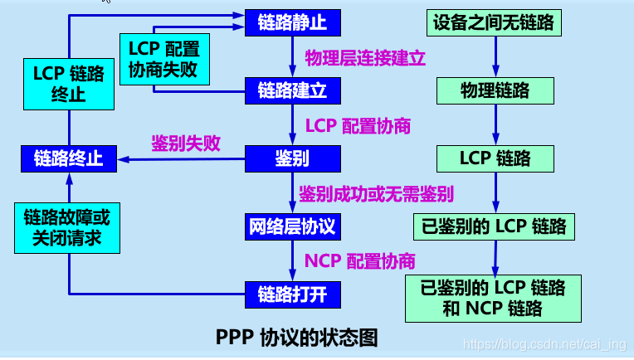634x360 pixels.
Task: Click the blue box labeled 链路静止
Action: point(292,22)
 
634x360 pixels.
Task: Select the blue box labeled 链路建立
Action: point(292,90)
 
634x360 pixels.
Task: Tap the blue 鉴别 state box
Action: point(292,158)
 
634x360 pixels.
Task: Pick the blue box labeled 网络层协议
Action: point(292,226)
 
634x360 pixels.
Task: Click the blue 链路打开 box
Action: point(292,293)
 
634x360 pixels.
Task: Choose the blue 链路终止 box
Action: point(69,158)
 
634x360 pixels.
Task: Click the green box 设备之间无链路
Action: point(496,22)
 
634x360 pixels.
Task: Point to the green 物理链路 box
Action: point(496,90)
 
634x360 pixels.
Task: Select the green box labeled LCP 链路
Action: point(496,158)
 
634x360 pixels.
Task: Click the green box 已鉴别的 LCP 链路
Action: point(495,226)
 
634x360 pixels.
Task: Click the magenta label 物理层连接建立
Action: point(365,57)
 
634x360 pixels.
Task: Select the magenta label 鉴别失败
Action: point(186,143)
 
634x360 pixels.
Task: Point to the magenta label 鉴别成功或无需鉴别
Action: point(376,194)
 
